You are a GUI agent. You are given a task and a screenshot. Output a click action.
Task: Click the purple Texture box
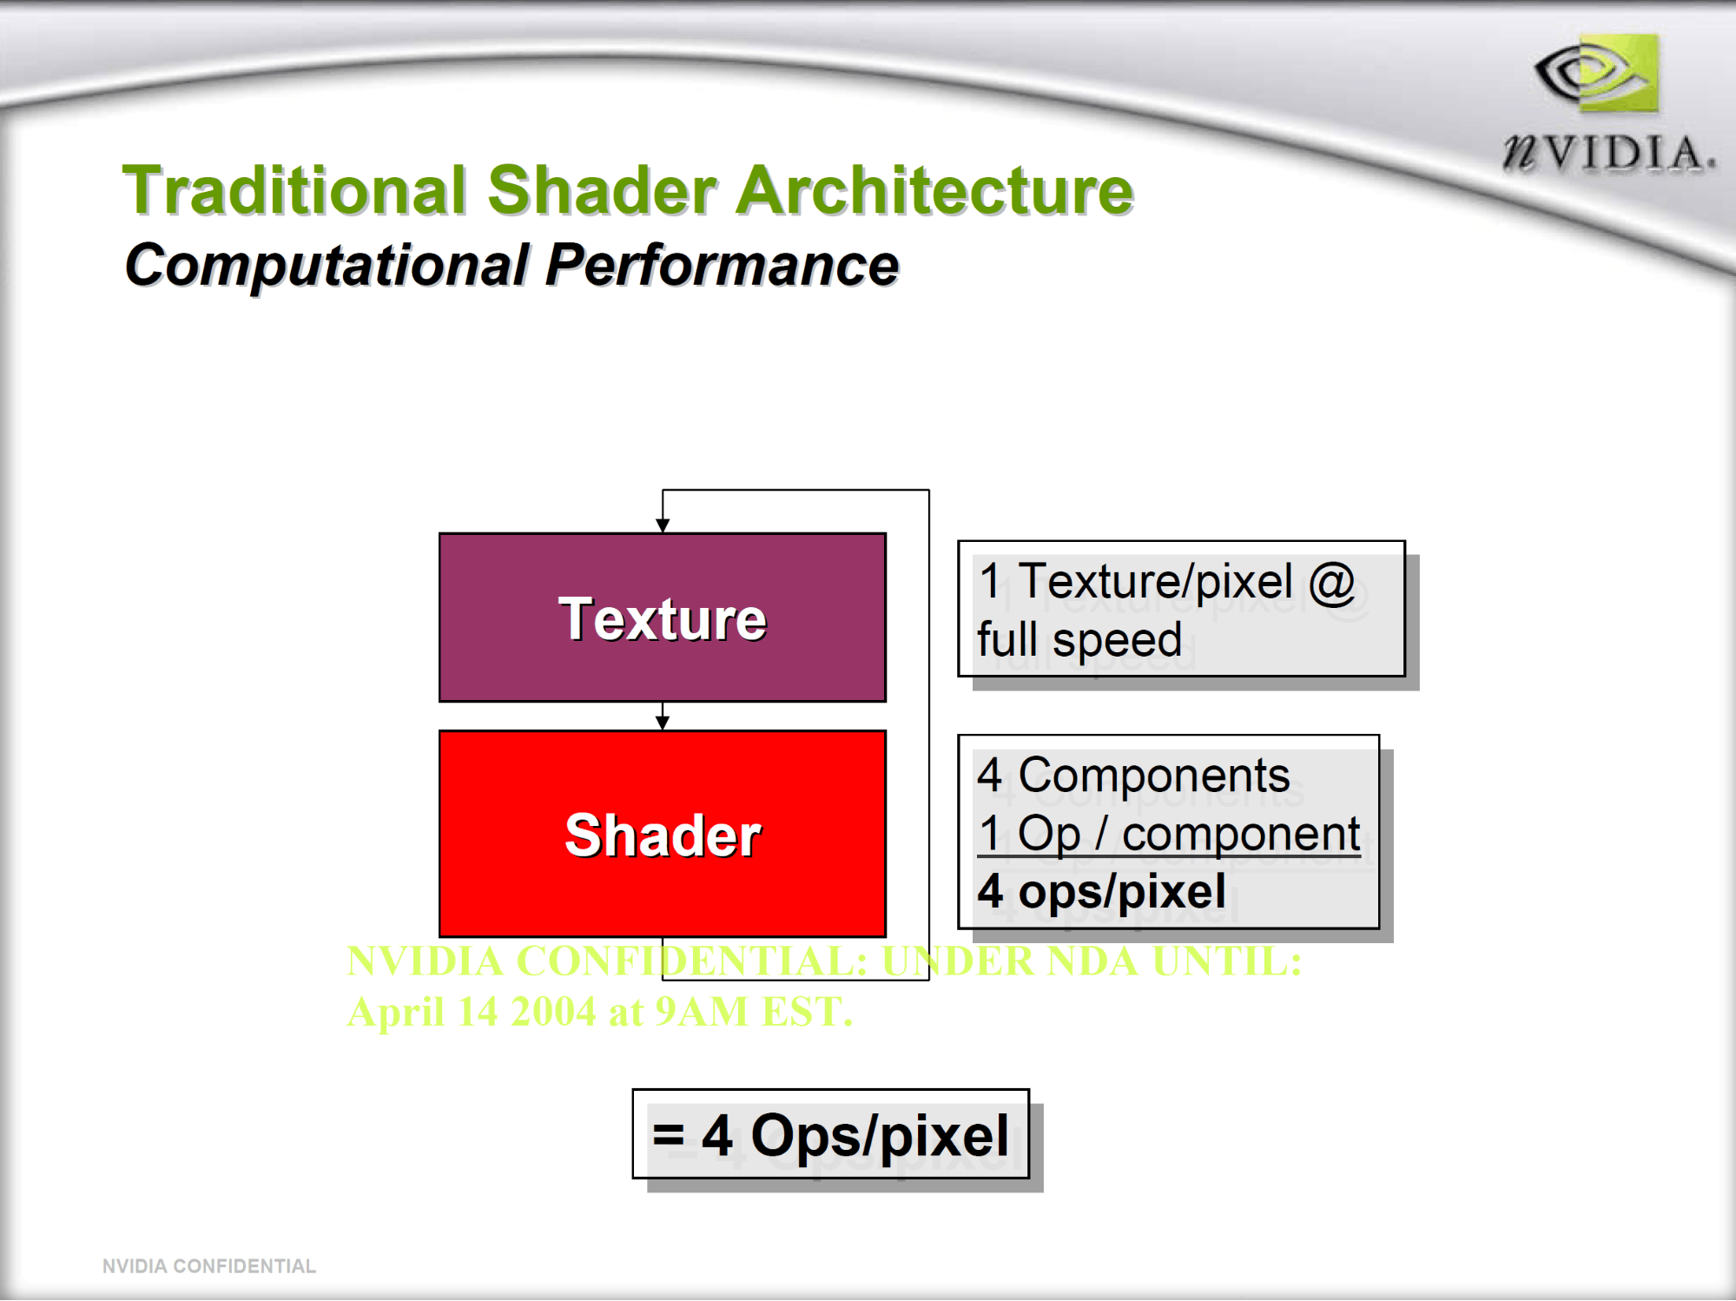(x=662, y=617)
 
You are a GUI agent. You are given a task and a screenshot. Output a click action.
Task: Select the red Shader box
(x=662, y=834)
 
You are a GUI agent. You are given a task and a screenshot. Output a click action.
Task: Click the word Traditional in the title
(x=294, y=190)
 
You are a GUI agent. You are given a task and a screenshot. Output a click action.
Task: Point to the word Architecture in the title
(x=934, y=190)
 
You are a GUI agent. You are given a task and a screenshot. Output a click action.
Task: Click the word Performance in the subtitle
(x=722, y=264)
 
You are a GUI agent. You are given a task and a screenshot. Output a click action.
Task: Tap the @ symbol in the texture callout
(x=1331, y=582)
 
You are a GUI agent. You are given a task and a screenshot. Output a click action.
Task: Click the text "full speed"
(x=1079, y=640)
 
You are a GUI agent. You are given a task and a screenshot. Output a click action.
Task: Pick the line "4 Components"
(x=1133, y=774)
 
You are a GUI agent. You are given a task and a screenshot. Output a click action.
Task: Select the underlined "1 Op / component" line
(x=1169, y=834)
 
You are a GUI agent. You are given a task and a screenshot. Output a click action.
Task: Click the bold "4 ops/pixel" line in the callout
(x=1101, y=892)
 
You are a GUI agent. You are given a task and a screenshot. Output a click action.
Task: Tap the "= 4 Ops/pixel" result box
(x=831, y=1134)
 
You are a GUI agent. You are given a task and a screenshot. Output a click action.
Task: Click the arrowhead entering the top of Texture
(x=663, y=525)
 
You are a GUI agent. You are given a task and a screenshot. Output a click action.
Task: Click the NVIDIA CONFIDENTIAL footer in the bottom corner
(x=209, y=1266)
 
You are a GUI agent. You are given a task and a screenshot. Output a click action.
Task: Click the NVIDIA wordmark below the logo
(x=1609, y=153)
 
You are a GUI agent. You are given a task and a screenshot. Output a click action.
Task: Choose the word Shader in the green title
(x=602, y=190)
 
